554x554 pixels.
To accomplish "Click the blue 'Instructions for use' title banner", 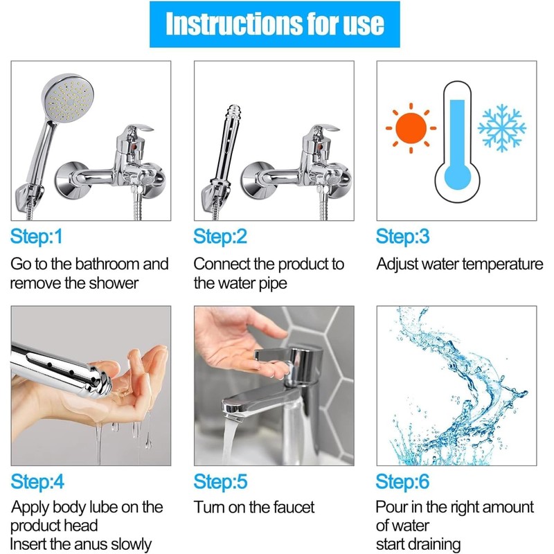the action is [274, 24].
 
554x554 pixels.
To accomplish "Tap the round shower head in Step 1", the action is [68, 98].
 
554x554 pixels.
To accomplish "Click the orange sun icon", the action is [411, 128].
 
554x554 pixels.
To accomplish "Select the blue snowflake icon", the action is [501, 128].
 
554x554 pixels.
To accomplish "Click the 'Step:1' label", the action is [37, 236].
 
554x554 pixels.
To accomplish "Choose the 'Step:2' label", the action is [220, 236].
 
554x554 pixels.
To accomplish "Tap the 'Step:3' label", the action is [403, 236].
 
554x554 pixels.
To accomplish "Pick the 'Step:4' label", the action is [37, 481].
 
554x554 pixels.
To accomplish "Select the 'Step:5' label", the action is [220, 481].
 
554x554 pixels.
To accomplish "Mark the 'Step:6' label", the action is [403, 481].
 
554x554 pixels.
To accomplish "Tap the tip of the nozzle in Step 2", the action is [233, 107].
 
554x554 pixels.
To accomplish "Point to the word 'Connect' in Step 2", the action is [222, 264].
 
